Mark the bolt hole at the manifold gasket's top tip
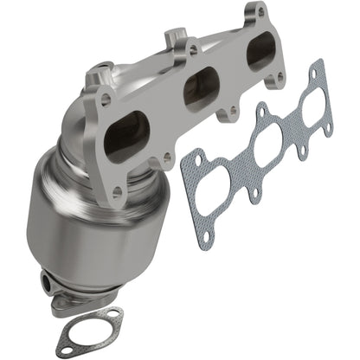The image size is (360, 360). (318, 67)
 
